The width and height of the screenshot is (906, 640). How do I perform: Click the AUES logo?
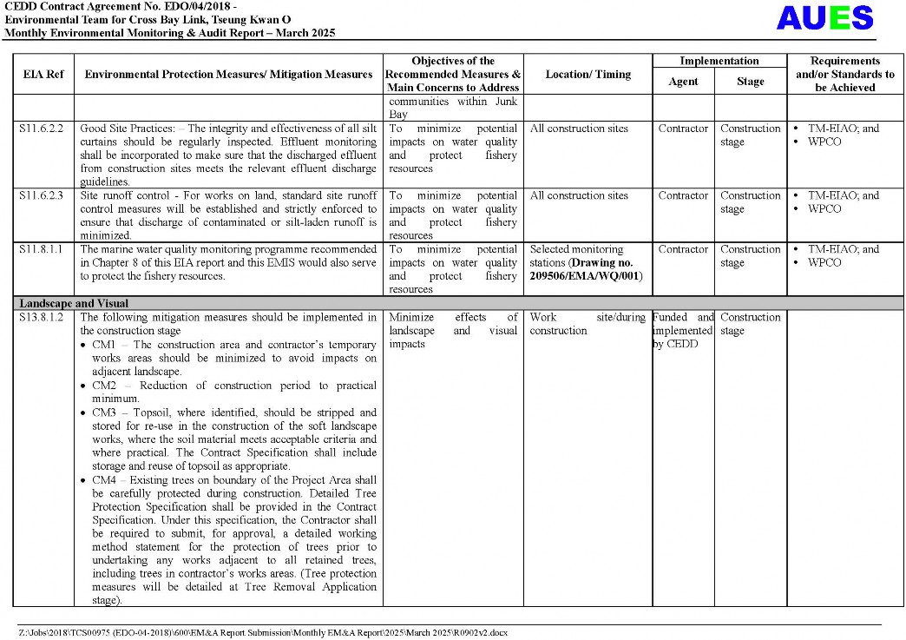point(824,18)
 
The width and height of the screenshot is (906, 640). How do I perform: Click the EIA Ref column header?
point(43,75)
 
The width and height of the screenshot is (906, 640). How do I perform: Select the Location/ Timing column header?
point(588,75)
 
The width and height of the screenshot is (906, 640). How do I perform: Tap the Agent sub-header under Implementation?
point(683,82)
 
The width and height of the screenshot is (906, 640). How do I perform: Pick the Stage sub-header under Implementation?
point(750,82)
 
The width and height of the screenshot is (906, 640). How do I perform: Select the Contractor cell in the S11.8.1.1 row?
point(683,250)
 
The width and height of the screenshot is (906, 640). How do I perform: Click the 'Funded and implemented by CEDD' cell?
point(683,331)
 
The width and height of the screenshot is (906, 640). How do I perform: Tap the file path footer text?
point(263,632)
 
